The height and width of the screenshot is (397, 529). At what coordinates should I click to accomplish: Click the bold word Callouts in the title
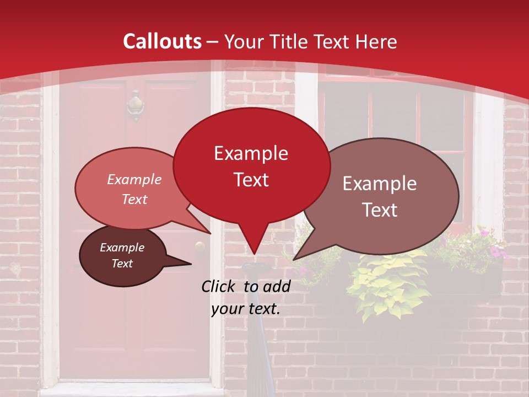click(x=163, y=41)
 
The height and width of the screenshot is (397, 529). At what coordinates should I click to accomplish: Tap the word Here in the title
click(x=376, y=41)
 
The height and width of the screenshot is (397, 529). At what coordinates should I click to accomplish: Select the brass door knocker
click(x=135, y=105)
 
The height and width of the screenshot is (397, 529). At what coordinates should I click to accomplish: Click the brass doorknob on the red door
click(x=199, y=246)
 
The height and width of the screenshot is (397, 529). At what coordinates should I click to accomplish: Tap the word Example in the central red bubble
click(x=251, y=153)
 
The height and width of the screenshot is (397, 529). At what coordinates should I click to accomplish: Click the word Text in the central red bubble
click(x=251, y=180)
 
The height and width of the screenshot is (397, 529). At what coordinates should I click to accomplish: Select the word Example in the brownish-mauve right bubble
click(x=380, y=184)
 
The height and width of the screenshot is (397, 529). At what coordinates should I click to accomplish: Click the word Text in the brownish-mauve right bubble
click(x=380, y=210)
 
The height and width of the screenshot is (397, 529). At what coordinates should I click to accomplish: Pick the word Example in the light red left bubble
click(x=134, y=180)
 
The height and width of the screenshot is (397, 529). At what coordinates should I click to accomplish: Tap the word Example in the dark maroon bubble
click(x=122, y=248)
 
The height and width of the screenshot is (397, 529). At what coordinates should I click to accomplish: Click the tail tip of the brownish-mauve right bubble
click(x=294, y=259)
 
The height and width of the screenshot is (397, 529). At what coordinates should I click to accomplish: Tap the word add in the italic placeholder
click(x=277, y=286)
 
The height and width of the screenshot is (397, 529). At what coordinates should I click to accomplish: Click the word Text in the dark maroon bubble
click(x=122, y=264)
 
